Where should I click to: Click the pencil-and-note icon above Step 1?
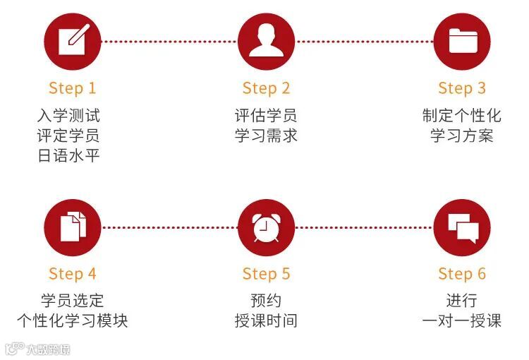pos(72,41)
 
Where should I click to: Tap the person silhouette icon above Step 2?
pos(266,41)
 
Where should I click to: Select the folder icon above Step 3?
pos(462,41)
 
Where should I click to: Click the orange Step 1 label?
pos(72,88)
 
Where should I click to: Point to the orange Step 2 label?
pos(266,88)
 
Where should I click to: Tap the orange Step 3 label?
pos(462,88)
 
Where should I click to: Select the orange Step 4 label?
pos(72,274)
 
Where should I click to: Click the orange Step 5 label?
pos(266,274)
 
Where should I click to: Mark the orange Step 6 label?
pos(462,274)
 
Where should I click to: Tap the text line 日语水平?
pos(68,155)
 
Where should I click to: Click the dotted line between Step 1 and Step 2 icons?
pos(169,41)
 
